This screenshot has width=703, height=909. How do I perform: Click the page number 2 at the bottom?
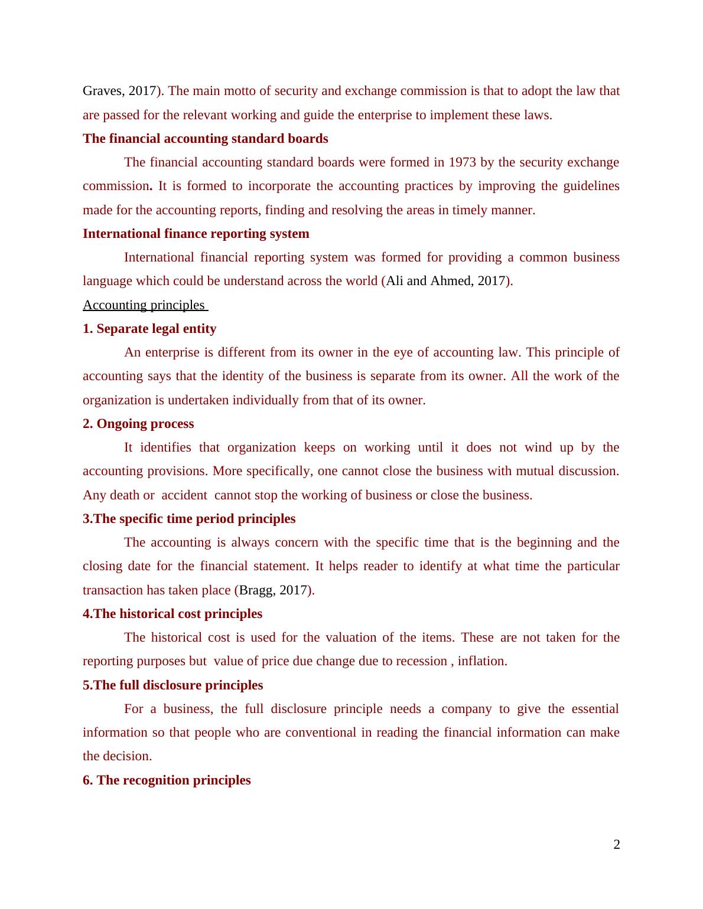(x=617, y=845)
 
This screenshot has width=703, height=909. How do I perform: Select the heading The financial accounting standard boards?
(x=205, y=139)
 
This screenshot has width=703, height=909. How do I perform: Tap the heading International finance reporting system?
(x=196, y=234)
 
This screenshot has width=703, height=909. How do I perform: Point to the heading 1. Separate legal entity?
(x=149, y=329)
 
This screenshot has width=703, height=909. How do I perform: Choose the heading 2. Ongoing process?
(x=138, y=424)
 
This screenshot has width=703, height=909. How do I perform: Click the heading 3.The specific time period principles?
(x=189, y=519)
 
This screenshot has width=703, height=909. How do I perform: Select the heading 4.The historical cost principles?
(x=173, y=614)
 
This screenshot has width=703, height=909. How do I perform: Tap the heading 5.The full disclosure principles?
(x=173, y=685)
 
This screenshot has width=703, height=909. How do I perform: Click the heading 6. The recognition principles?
(x=167, y=780)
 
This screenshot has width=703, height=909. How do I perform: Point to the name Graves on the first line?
(x=102, y=91)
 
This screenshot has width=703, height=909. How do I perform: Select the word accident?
(x=184, y=495)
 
